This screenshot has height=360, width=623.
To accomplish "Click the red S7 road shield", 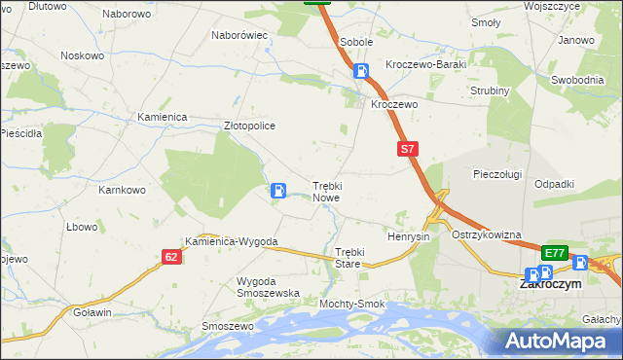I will (408, 150).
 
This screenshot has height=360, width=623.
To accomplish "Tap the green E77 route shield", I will (554, 253).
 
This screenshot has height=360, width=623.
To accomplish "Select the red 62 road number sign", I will (171, 257).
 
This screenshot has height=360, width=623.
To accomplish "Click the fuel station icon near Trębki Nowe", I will (278, 191).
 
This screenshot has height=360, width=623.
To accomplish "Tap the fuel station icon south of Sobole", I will (361, 71).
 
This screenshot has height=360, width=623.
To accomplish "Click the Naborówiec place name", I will (239, 35).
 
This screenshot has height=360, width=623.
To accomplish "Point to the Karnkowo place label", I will (122, 190).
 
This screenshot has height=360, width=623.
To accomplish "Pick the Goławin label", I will (92, 312).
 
